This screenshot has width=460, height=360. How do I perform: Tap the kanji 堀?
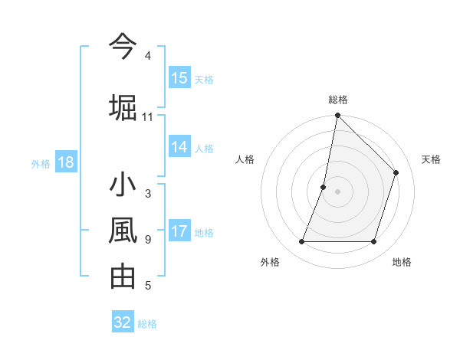click(x=123, y=107)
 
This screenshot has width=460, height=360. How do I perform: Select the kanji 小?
click(x=123, y=185)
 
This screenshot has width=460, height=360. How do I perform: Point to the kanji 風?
click(x=123, y=230)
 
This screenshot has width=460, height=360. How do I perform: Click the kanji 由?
click(x=123, y=276)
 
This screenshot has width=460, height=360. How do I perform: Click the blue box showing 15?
click(x=179, y=78)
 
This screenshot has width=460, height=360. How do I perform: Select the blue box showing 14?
click(x=179, y=148)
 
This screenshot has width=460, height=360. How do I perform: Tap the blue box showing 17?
click(x=179, y=232)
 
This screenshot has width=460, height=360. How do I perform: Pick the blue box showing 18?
click(x=65, y=162)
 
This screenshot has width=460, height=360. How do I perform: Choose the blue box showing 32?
click(x=123, y=322)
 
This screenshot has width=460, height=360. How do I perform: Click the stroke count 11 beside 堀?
click(x=147, y=117)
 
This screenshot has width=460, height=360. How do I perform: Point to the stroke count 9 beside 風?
click(x=147, y=240)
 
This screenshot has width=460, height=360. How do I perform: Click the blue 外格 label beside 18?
click(x=41, y=163)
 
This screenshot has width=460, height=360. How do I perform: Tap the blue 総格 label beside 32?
click(x=147, y=323)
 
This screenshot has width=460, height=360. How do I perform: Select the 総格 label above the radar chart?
click(x=337, y=100)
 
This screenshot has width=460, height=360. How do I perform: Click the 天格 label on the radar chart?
click(x=431, y=159)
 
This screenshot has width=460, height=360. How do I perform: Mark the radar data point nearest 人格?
click(x=324, y=187)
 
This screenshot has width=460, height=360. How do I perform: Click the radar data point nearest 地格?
click(x=373, y=242)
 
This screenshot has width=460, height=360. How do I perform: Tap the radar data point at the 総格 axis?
click(x=337, y=116)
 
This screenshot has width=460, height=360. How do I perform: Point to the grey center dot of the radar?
click(x=337, y=191)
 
